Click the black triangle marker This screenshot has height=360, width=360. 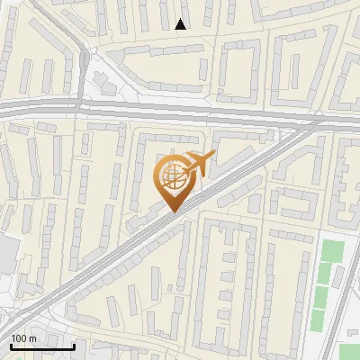click(x=181, y=24)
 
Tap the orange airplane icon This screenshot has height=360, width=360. click(x=199, y=163)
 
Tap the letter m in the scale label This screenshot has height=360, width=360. click(x=33, y=338)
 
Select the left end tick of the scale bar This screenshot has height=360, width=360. click(x=11, y=346)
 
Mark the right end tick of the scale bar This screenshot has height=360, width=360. click(x=74, y=346)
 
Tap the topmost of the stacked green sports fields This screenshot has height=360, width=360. click(x=333, y=251)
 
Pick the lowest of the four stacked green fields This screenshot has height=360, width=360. click(x=319, y=319)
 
